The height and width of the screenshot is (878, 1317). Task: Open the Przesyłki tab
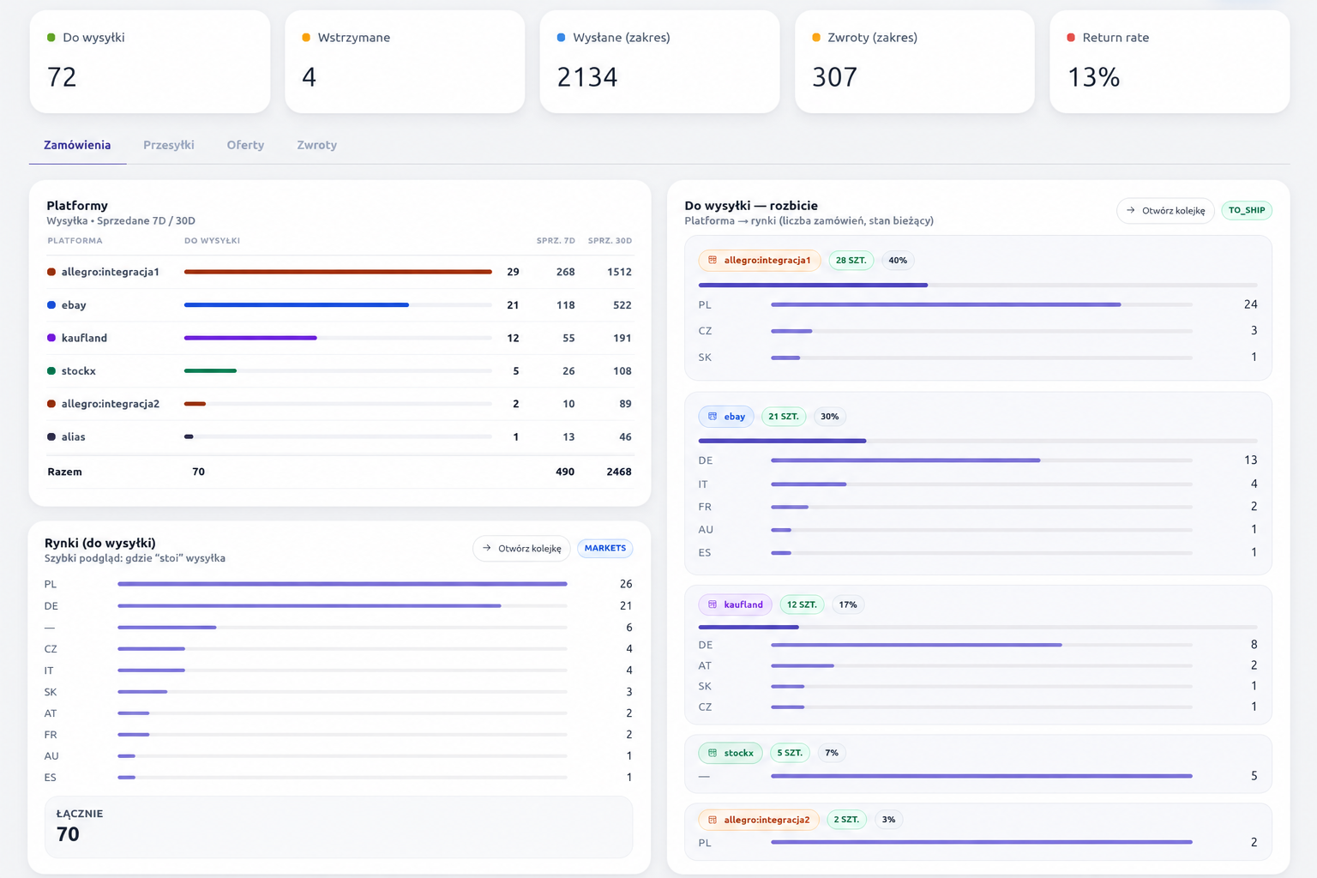pos(169,145)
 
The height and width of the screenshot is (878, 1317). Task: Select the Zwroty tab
pos(317,145)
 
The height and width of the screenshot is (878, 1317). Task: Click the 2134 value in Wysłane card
pos(587,77)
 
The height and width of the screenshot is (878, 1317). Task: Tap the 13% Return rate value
pos(1093,77)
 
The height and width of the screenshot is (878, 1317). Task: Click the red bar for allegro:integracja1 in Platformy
pos(338,272)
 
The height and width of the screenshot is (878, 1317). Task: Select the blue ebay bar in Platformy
pos(297,304)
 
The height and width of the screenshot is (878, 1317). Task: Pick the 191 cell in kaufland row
pos(622,338)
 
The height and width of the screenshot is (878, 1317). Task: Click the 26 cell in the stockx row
pos(568,371)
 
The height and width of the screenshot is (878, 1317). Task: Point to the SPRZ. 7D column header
pos(556,241)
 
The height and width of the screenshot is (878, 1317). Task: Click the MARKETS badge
pos(605,548)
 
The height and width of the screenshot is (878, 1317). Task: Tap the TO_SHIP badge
pos(1247,210)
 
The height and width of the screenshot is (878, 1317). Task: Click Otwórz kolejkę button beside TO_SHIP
pos(1165,211)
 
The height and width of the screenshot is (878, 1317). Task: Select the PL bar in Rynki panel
pos(342,584)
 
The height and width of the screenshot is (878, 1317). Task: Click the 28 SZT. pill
pos(851,260)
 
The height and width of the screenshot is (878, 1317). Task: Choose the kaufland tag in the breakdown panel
pos(735,604)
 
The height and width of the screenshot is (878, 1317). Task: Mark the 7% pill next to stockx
pos(832,753)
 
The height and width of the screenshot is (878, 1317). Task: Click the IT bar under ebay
pos(809,484)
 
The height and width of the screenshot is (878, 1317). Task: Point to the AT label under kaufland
pos(705,665)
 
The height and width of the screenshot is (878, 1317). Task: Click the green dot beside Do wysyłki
pos(51,38)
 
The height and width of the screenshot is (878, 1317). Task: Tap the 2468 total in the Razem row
pos(619,472)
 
